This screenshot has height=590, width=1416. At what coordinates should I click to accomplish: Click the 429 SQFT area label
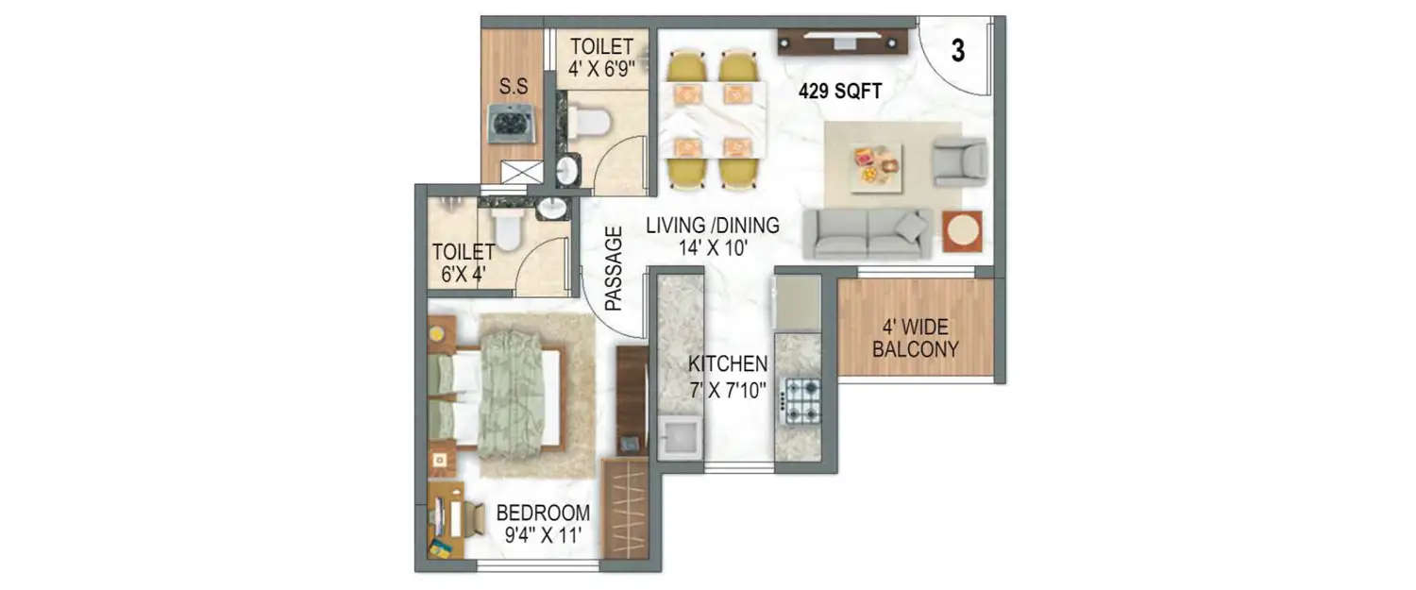(839, 92)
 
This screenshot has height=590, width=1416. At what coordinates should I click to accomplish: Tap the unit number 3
(957, 52)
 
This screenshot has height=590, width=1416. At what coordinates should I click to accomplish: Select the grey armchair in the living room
(959, 160)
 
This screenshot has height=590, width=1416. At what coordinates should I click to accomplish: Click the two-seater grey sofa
(867, 233)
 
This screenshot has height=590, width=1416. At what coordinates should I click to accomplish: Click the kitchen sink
(680, 438)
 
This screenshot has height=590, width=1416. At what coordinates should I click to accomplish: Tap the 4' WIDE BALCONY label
(915, 339)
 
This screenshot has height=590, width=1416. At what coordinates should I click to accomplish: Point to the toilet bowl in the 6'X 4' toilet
(508, 229)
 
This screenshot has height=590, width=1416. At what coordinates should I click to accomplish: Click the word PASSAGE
(614, 268)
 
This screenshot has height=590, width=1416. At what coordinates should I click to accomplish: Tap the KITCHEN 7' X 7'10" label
(727, 375)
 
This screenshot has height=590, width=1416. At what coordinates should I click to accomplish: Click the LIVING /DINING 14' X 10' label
(713, 236)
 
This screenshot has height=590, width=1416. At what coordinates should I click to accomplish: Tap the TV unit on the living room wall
(842, 41)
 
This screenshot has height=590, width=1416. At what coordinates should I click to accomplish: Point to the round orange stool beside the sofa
(962, 231)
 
